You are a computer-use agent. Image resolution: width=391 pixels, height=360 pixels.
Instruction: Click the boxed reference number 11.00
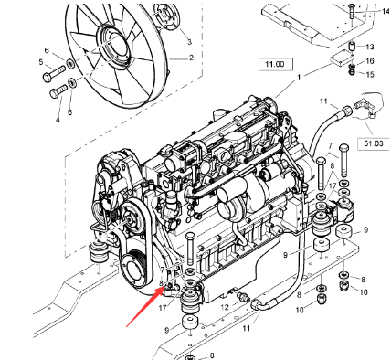click(x=272, y=65)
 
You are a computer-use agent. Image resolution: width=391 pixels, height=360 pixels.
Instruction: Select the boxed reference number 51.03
click(x=374, y=143)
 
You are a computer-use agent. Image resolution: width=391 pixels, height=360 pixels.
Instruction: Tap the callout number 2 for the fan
click(x=192, y=57)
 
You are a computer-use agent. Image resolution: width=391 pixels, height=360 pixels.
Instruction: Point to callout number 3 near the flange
click(x=189, y=42)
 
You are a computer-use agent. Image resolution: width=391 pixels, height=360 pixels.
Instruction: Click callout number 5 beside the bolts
click(x=41, y=63)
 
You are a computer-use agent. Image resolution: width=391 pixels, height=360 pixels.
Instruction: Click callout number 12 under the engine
click(x=224, y=306)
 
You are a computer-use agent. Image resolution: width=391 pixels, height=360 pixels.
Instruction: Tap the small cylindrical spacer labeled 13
click(x=351, y=46)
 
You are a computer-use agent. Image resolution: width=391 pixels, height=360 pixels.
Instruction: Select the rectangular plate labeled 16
click(x=343, y=60)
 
